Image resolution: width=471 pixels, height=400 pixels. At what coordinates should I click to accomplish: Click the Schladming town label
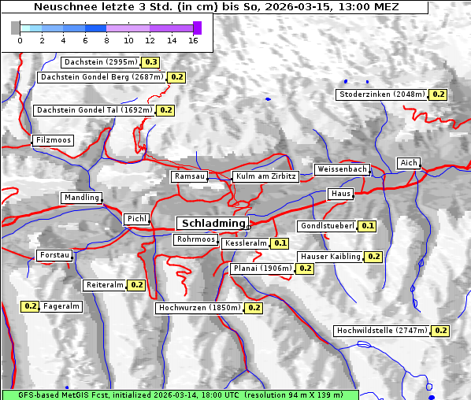[210, 224]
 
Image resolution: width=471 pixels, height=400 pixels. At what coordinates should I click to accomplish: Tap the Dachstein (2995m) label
[100, 62]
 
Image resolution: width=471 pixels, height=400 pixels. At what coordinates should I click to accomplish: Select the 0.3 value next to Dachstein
[150, 62]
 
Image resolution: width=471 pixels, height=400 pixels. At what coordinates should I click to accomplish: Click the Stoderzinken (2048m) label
[381, 94]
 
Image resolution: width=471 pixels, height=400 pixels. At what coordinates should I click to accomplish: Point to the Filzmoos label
[53, 140]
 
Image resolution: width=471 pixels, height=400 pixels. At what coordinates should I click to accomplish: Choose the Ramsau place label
[189, 177]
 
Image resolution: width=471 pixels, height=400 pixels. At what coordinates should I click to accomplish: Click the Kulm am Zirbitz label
[265, 177]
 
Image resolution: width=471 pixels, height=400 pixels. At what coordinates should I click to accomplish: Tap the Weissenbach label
[341, 169]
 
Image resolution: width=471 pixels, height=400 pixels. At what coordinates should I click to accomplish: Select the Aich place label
[408, 163]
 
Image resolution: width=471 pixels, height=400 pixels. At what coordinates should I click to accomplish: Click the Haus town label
[340, 194]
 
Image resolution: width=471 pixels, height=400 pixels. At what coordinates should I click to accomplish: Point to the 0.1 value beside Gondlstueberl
[367, 226]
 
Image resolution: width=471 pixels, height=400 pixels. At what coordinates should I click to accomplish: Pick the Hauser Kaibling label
[330, 257]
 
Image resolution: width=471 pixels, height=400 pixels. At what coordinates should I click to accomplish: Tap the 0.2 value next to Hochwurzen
[254, 308]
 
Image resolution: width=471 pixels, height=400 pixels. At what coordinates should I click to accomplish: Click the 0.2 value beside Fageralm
[31, 306]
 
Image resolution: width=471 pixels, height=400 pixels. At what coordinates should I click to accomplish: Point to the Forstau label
[54, 255]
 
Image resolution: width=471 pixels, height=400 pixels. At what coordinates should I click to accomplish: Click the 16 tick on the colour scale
[193, 39]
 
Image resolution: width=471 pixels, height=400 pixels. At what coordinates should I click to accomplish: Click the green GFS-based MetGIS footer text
[180, 394]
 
